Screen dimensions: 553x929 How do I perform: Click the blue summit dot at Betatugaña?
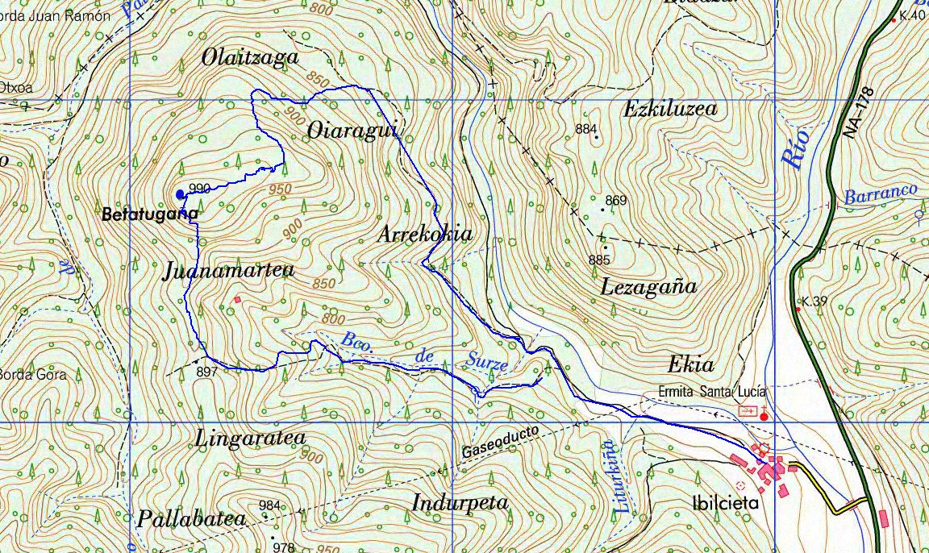179,193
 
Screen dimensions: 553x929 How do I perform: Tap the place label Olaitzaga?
251,58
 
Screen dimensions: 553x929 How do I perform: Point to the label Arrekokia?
425,235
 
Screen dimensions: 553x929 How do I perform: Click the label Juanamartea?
229,271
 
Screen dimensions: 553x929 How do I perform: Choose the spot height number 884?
586,128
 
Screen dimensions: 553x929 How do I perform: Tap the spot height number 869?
615,200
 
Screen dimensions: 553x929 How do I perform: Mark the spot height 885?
599,260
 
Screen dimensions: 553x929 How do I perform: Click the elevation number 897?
206,372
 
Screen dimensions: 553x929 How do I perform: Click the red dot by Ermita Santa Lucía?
764,417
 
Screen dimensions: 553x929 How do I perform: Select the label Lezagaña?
648,286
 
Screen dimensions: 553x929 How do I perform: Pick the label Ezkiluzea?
670,110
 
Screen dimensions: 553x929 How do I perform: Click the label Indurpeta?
460,503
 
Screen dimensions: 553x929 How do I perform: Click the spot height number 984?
270,505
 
